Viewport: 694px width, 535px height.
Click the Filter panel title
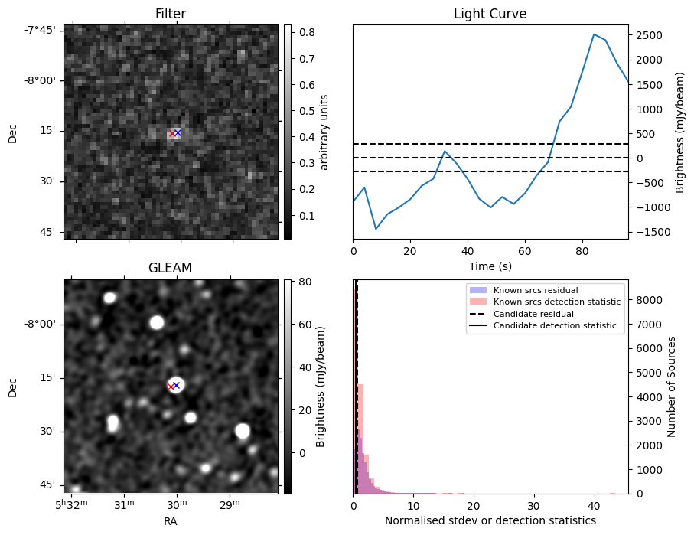click(x=170, y=14)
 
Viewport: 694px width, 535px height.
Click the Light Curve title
click(x=490, y=14)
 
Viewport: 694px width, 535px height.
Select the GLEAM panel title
click(x=170, y=267)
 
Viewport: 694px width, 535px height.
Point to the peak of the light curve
click(x=594, y=34)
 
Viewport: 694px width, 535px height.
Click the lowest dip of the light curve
click(x=376, y=229)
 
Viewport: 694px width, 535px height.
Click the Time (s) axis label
click(x=490, y=266)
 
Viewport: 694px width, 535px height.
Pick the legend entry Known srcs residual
click(x=535, y=291)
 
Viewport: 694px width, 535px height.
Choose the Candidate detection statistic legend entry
click(x=554, y=325)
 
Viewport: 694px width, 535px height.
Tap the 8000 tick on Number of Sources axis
click(x=650, y=299)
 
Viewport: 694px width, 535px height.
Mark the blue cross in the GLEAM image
click(x=176, y=385)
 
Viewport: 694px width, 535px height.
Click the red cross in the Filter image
click(x=172, y=133)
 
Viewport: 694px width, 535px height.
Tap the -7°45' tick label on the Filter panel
click(x=41, y=30)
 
